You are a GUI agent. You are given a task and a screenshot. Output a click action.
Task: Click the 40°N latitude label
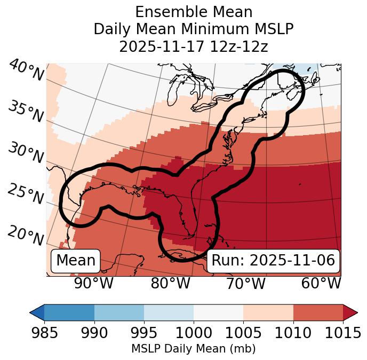point(26,71)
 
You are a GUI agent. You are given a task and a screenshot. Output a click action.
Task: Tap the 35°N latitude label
point(26,112)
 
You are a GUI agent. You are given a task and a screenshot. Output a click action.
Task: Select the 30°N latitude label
point(26,153)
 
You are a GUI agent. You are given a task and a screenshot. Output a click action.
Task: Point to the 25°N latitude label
point(26,194)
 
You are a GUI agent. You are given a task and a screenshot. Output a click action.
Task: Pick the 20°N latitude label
point(26,236)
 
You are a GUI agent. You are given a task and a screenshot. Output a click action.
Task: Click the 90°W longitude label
point(93,284)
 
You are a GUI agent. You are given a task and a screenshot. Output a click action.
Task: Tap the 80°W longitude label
point(170,284)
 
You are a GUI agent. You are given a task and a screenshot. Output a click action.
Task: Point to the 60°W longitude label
point(321,284)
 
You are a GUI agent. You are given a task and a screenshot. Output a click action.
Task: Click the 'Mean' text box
point(76,261)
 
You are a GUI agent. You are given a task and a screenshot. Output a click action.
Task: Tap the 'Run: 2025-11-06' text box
point(273,261)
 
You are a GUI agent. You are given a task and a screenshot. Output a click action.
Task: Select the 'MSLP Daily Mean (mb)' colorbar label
point(194,349)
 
